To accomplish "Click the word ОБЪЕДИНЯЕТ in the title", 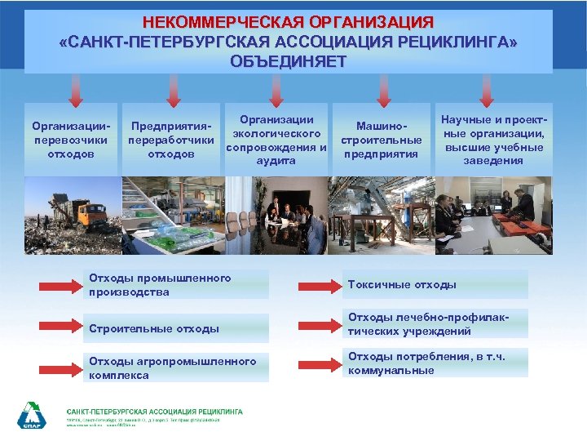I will (288, 61).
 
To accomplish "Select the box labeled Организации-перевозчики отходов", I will (70, 140).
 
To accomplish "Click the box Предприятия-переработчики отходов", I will (171, 140).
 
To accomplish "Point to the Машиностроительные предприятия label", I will (381, 140).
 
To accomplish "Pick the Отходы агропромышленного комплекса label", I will (171, 367).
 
